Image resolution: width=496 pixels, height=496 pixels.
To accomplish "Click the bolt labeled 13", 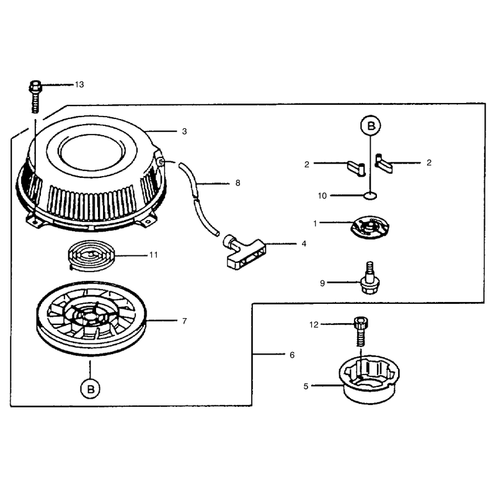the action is pos(35,96).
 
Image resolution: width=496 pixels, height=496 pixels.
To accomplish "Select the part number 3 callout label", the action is pos(184,131).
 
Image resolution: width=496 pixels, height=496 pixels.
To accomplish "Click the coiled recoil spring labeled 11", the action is pos(91,255).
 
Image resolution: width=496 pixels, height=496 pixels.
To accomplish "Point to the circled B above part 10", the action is pos(370,126).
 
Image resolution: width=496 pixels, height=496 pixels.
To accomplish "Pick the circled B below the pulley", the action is pos(91,389).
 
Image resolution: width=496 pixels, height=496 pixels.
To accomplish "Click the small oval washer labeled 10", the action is pos(370,196).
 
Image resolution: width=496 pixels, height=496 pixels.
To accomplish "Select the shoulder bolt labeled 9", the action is pos(370,278).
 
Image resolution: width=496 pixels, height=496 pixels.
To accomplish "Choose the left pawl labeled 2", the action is pos(357,168).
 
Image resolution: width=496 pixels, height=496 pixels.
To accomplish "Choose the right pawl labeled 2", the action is pos(383,162).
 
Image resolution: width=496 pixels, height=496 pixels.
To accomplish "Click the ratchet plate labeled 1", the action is pos(370,227).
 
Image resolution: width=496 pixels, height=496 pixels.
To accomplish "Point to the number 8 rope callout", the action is pos(238,183).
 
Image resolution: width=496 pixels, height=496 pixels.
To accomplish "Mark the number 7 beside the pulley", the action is pos(184,321).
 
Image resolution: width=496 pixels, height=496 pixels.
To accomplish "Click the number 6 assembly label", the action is pos(292,355).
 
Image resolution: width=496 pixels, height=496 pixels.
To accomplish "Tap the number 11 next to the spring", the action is pos(154,255).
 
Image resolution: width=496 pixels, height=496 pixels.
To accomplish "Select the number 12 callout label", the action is pos(314,324).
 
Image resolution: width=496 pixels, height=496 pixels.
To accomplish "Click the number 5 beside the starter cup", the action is pos(306,386).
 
